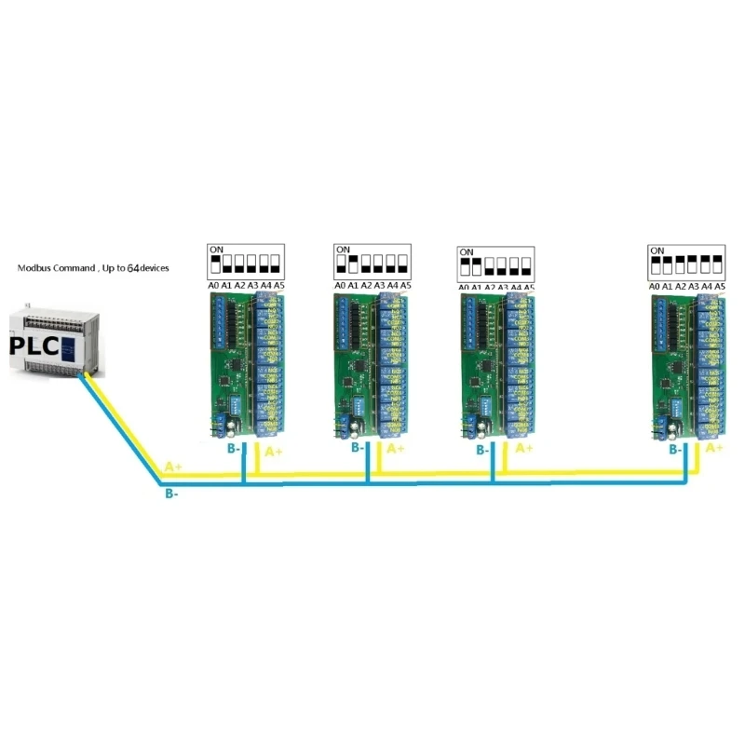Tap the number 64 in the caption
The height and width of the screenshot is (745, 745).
(x=133, y=268)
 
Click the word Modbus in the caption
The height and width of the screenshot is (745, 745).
(x=38, y=268)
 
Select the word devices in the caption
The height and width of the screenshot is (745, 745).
(x=155, y=268)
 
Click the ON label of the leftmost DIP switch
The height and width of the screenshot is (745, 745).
(x=217, y=250)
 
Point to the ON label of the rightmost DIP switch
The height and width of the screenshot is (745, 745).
(x=657, y=251)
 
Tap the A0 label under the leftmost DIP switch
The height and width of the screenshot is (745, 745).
(x=213, y=286)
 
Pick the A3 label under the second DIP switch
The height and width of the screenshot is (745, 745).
(x=379, y=286)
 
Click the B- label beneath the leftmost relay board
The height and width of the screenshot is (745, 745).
(x=234, y=448)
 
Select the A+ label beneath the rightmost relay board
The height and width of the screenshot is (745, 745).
(x=715, y=448)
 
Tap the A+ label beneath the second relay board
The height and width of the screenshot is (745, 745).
(x=395, y=449)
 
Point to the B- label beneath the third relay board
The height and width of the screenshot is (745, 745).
(x=482, y=450)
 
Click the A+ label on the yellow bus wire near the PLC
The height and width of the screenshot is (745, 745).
(x=173, y=466)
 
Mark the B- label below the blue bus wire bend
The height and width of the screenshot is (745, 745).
(x=172, y=494)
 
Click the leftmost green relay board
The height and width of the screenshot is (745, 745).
(x=244, y=363)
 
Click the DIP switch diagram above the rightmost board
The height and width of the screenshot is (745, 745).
(x=687, y=262)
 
